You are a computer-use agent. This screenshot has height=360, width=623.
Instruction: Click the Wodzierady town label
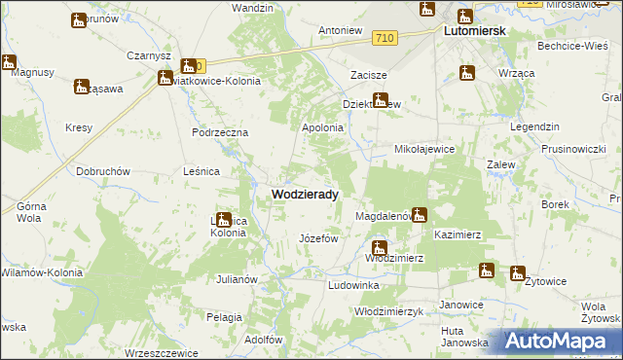click(x=305, y=195)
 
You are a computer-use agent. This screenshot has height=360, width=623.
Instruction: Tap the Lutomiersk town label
click(x=474, y=31)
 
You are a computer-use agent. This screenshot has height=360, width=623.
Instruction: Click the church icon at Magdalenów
click(x=420, y=215)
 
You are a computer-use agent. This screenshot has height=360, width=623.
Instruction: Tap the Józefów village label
click(x=317, y=238)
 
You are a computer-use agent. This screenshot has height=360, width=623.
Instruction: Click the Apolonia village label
click(x=323, y=127)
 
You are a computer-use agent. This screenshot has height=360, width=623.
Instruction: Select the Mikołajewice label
click(x=424, y=149)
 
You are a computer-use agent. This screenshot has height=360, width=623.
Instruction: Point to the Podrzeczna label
click(x=221, y=132)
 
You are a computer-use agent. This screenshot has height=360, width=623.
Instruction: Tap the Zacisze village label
click(x=369, y=75)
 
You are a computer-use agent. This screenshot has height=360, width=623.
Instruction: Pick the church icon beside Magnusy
click(x=9, y=62)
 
